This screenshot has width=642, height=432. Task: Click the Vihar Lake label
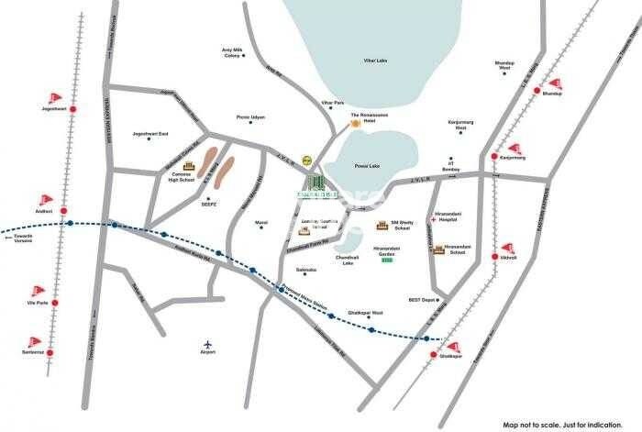pyautogui.click(x=371, y=61)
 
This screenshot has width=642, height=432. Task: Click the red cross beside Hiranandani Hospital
pyautogui.click(x=433, y=221)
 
